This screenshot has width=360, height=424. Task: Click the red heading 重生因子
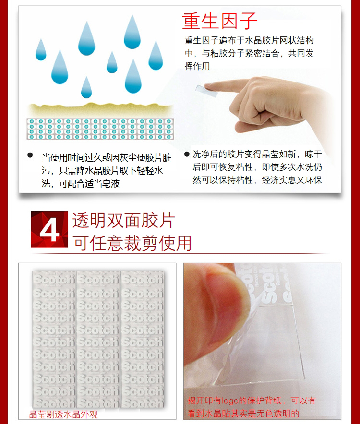pos(219,21)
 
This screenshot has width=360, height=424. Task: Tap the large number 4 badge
pos(49,229)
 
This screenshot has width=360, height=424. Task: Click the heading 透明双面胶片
pos(123,221)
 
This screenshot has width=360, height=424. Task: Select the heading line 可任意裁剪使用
pos(132,243)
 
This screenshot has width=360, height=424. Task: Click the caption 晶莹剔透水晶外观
pos(63,414)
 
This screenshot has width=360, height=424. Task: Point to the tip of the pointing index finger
pos(206,86)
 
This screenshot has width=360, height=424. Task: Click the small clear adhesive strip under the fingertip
pos(206,91)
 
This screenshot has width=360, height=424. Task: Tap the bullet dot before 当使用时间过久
pos(30,155)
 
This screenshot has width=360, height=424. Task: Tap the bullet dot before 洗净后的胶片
pos(187,154)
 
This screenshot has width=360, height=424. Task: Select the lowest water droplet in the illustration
pos(86,87)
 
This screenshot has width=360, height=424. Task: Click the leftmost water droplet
pos(41,49)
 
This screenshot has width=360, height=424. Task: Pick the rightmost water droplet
pos(156,56)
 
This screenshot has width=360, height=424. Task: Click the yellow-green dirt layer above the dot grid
pos(100,110)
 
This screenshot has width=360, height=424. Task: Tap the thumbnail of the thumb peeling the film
pos(262,341)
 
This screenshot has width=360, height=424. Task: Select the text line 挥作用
pos(197,66)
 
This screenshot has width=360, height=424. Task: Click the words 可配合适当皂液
pos(89,184)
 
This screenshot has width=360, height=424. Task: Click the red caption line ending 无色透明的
pos(243,413)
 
